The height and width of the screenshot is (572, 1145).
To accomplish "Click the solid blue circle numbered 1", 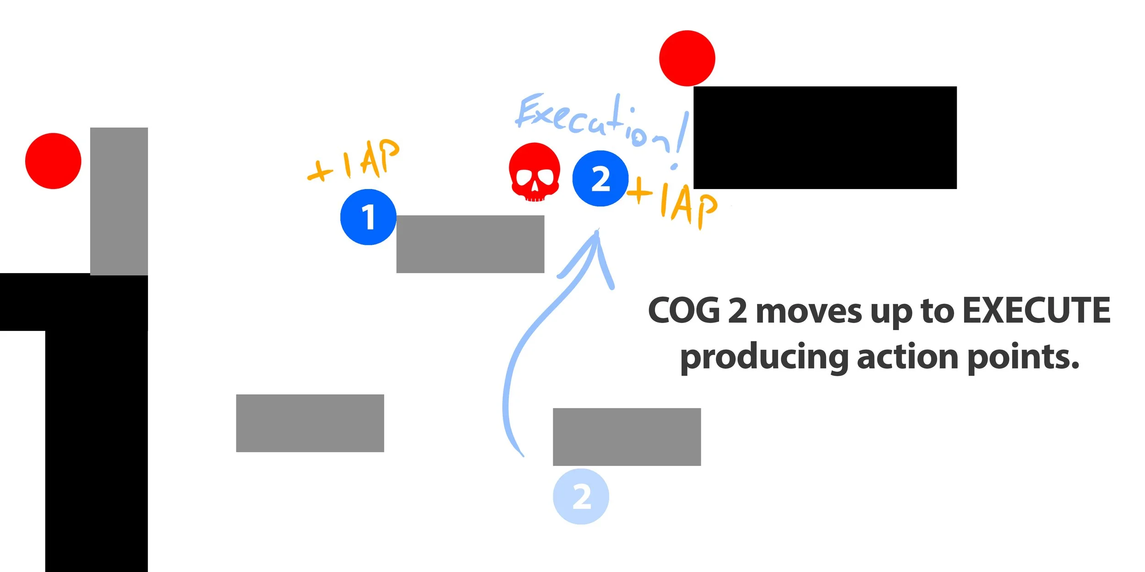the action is [368, 217].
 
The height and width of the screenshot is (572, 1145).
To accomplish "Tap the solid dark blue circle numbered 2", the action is [600, 178].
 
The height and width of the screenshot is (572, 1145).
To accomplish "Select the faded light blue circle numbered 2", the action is [581, 496].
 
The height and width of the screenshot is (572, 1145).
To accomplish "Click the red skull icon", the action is [534, 173].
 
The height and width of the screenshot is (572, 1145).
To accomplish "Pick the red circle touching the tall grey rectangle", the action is [53, 161].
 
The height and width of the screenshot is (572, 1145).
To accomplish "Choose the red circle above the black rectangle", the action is [687, 58].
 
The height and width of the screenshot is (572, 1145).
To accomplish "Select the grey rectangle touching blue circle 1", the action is [470, 244].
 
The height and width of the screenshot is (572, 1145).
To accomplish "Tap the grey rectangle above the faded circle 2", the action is [627, 437].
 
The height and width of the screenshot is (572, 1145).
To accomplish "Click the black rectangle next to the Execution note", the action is [825, 137].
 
